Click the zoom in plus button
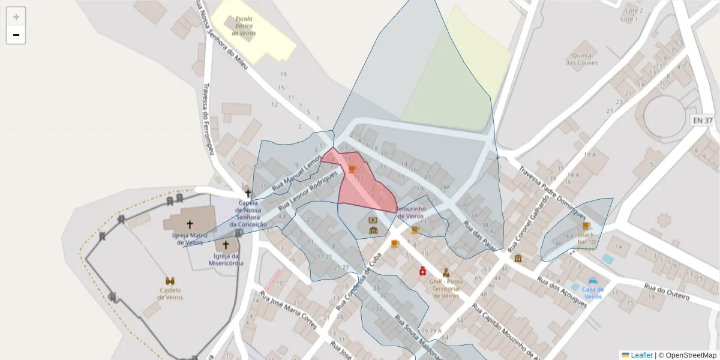click(16, 17)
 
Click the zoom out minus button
click(16, 35)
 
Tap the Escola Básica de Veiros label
click(244, 26)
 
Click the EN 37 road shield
click(703, 121)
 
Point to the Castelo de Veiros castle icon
click(170, 281)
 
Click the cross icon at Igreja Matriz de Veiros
click(190, 224)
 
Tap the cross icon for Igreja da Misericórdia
click(226, 245)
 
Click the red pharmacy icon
click(422, 271)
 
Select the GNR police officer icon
click(446, 272)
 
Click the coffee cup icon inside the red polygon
click(352, 170)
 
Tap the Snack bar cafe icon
click(586, 226)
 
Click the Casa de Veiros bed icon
click(593, 281)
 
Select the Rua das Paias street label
click(482, 236)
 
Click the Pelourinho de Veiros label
click(411, 212)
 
